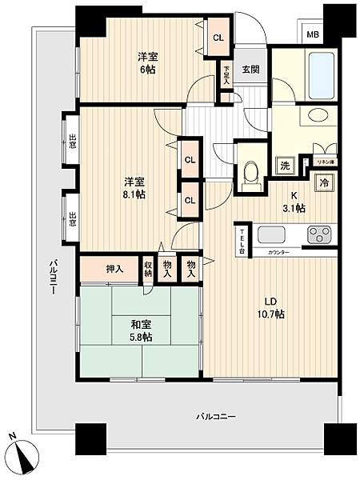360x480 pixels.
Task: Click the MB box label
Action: pos(313,36)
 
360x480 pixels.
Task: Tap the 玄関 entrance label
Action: pos(251,70)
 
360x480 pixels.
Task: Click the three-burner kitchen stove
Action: pos(321,236)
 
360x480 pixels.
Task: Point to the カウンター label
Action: pos(279,252)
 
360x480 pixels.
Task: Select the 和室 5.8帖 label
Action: pos(142,331)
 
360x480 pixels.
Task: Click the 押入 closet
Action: pos(114,269)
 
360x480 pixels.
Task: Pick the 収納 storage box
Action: pos(148,268)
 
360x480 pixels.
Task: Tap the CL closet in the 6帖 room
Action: pos(218,38)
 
